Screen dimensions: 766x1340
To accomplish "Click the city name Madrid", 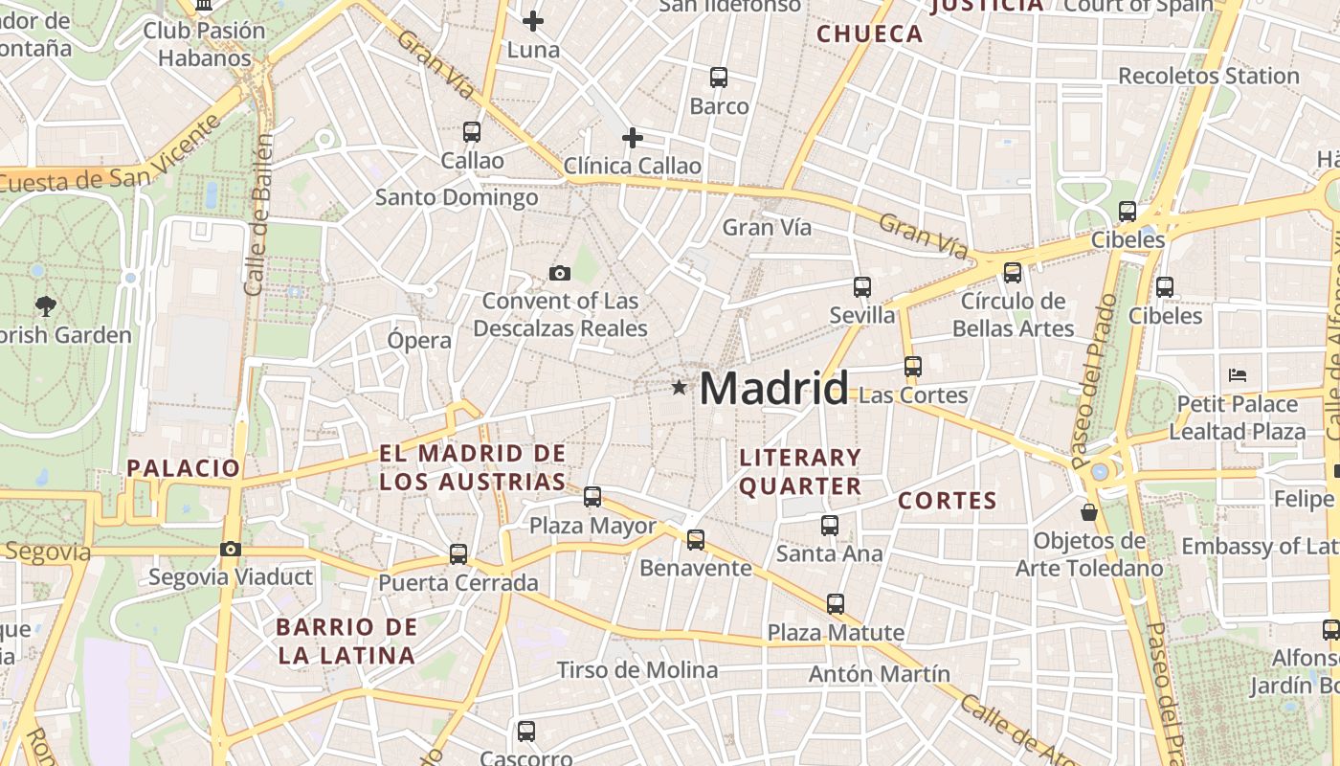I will tap(773, 388).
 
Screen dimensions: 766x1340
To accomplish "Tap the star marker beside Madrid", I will tap(680, 388).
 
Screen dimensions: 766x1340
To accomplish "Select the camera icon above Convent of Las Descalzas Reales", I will tap(560, 274).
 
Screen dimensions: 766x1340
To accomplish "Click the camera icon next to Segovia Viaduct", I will tap(231, 549).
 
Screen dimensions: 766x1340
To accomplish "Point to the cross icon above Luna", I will tap(533, 20).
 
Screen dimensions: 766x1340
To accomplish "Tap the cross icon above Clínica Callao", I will tap(633, 138).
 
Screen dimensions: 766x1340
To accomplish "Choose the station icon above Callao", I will tap(472, 132).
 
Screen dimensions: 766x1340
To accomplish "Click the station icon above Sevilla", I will tap(862, 286).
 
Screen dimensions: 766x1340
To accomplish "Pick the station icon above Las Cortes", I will tap(913, 367).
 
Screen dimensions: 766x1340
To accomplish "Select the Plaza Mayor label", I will tap(592, 526).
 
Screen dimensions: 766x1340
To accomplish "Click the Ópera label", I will tap(419, 340).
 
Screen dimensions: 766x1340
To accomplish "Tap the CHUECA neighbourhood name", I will tap(870, 34).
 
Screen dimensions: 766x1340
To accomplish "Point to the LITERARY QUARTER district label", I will tap(800, 471).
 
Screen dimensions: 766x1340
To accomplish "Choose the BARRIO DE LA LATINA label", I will tap(346, 642).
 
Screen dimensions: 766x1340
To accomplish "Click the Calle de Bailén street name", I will tap(259, 215).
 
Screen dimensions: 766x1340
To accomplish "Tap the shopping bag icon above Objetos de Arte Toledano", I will tap(1089, 512).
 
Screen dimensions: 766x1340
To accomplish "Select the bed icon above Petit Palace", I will tap(1238, 374).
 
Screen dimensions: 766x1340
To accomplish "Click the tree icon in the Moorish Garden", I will tap(45, 306).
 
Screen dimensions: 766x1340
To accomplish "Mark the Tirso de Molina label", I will tap(636, 669).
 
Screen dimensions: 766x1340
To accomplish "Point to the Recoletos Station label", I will tap(1208, 76).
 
